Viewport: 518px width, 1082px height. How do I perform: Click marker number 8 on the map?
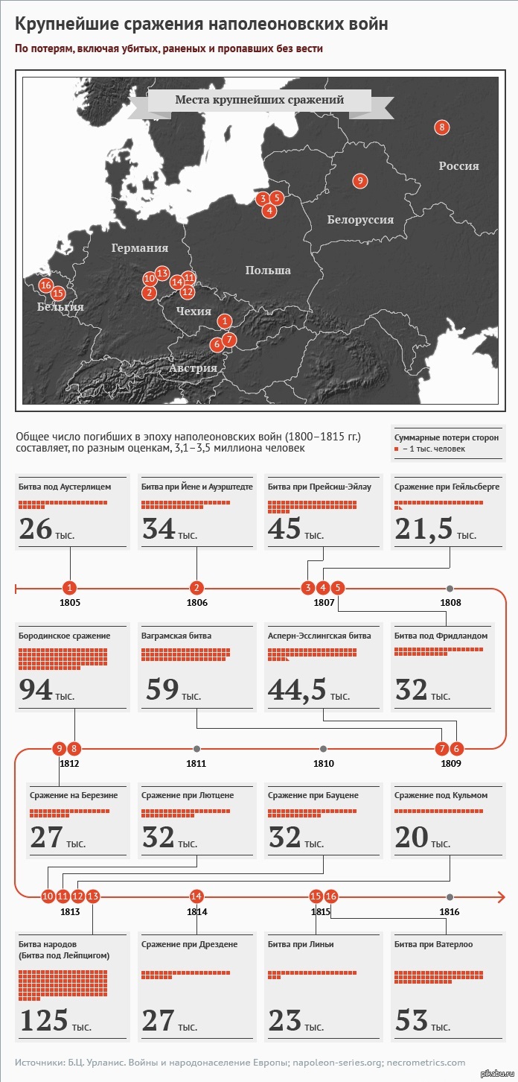pyautogui.click(x=442, y=127)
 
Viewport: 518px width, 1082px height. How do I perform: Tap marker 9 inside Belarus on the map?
pyautogui.click(x=359, y=180)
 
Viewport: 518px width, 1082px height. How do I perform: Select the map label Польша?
pyautogui.click(x=268, y=270)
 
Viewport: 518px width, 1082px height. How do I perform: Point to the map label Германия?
pyautogui.click(x=140, y=248)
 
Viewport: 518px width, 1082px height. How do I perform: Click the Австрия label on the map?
pyautogui.click(x=193, y=367)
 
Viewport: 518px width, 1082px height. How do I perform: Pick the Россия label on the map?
pyautogui.click(x=458, y=165)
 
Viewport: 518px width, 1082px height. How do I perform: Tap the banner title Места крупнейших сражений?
pyautogui.click(x=259, y=100)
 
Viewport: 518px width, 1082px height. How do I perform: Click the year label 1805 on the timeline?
pyautogui.click(x=70, y=602)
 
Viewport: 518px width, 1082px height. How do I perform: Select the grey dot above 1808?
pyautogui.click(x=450, y=589)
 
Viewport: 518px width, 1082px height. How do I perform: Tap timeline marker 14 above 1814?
pyautogui.click(x=196, y=896)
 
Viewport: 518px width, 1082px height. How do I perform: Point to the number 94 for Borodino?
pyautogui.click(x=36, y=691)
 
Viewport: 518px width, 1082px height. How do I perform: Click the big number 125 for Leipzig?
pyautogui.click(x=44, y=1020)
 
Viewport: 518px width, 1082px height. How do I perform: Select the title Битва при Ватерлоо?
pyautogui.click(x=433, y=944)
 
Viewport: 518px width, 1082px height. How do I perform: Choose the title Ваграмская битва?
pyautogui.click(x=176, y=636)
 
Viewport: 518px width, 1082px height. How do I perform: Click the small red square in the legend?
pyautogui.click(x=397, y=449)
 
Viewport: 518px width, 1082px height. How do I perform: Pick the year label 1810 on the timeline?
pyautogui.click(x=323, y=763)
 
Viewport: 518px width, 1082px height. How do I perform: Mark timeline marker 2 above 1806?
pyautogui.click(x=196, y=588)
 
